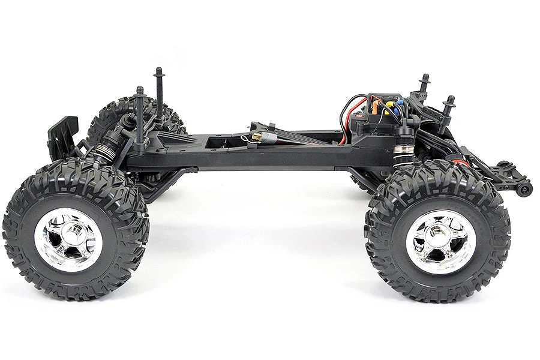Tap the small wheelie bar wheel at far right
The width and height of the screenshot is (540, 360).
[526, 189]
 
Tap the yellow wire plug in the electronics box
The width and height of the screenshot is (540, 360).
[389, 109]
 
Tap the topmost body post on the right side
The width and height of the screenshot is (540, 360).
[424, 84]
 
